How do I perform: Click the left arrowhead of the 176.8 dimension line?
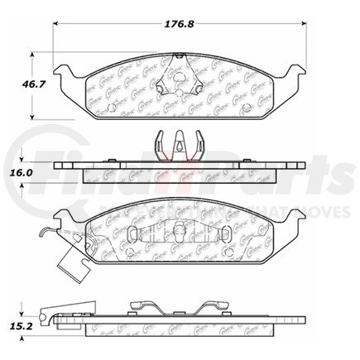59,25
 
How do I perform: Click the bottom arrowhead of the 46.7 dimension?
32,115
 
